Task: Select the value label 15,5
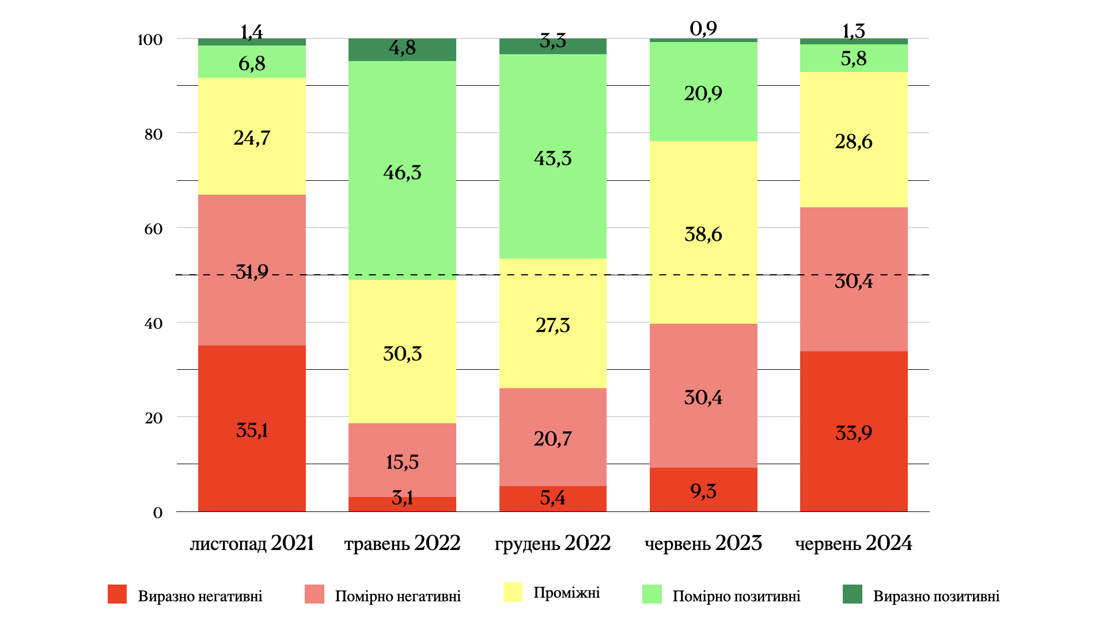click(x=402, y=462)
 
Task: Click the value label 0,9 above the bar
click(x=703, y=28)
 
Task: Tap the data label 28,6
click(x=854, y=141)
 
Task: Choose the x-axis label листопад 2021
click(x=252, y=543)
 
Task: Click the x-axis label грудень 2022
click(x=552, y=543)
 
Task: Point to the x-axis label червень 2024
click(x=854, y=543)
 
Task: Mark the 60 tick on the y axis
click(x=153, y=229)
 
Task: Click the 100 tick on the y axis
click(x=150, y=40)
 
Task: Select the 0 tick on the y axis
click(x=158, y=513)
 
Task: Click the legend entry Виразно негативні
click(x=200, y=596)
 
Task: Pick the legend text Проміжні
click(x=566, y=593)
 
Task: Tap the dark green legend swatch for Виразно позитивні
click(x=853, y=594)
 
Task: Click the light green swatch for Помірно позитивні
click(x=652, y=594)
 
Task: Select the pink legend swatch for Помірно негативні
click(x=315, y=594)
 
